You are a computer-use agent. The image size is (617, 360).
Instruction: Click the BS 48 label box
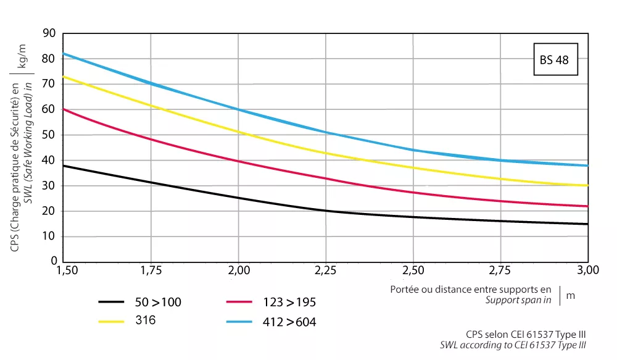(555, 60)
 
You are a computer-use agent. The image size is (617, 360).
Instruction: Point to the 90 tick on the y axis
(49, 33)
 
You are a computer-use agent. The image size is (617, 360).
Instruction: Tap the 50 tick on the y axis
(49, 135)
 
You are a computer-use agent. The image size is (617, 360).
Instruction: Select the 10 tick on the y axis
(49, 237)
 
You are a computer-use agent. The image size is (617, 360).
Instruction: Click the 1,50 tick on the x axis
(64, 270)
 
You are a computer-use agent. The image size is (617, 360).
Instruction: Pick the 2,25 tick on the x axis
(326, 270)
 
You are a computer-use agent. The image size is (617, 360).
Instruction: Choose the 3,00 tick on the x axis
(588, 270)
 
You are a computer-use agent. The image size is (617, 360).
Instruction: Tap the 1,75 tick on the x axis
(152, 270)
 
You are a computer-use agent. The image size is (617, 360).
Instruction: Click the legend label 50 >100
(158, 302)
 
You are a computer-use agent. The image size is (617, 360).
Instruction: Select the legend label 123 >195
(288, 302)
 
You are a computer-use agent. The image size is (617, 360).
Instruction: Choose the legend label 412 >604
(288, 321)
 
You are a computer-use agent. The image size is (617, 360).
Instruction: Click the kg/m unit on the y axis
(23, 55)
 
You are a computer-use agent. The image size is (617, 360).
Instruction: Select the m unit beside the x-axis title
(570, 295)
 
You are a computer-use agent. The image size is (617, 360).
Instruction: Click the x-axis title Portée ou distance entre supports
(470, 289)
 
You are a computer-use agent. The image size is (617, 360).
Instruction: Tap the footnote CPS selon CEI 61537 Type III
(526, 334)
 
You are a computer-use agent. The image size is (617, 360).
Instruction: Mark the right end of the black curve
(587, 224)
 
